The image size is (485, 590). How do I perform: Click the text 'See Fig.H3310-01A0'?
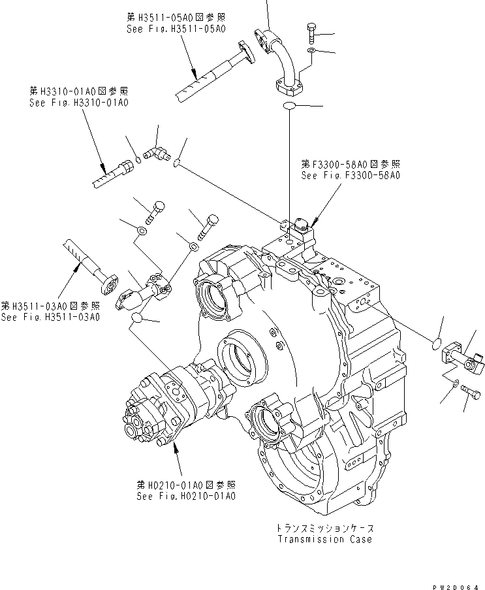tap(78, 103)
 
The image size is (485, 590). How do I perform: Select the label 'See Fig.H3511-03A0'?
tap(50, 317)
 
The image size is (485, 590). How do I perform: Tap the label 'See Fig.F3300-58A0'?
tap(351, 175)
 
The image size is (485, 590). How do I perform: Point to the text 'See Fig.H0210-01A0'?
tap(186, 496)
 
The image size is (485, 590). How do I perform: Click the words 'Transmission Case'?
tap(324, 539)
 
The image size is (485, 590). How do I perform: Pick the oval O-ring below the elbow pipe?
tap(291, 106)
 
